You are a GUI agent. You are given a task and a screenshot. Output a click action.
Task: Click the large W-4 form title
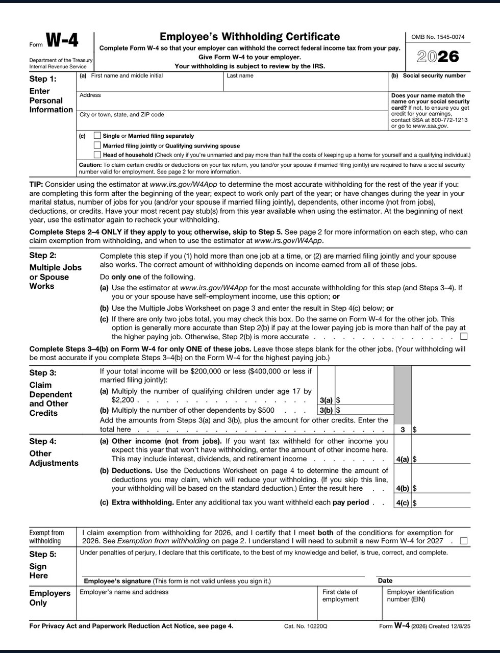coord(62,41)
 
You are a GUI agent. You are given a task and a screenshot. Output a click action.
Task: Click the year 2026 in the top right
coord(438,56)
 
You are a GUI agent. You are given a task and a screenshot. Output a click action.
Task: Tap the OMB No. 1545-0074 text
coord(438,37)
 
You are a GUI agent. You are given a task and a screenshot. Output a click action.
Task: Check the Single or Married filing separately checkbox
coord(97,136)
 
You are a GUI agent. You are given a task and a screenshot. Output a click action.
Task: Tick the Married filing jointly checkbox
coord(97,145)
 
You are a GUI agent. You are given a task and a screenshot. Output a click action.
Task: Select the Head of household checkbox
coord(97,155)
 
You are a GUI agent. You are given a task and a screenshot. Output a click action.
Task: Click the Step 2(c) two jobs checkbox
coord(463,336)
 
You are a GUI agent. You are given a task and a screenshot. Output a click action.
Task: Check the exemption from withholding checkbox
coord(463,541)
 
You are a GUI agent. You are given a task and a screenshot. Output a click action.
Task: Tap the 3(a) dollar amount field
coord(364,400)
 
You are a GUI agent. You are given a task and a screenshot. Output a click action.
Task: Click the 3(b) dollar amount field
coord(364,410)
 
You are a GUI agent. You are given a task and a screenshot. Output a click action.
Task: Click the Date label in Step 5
coord(385,581)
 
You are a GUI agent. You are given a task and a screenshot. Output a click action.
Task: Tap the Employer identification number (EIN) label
coord(420,595)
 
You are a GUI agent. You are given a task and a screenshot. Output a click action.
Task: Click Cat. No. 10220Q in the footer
coord(306,626)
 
